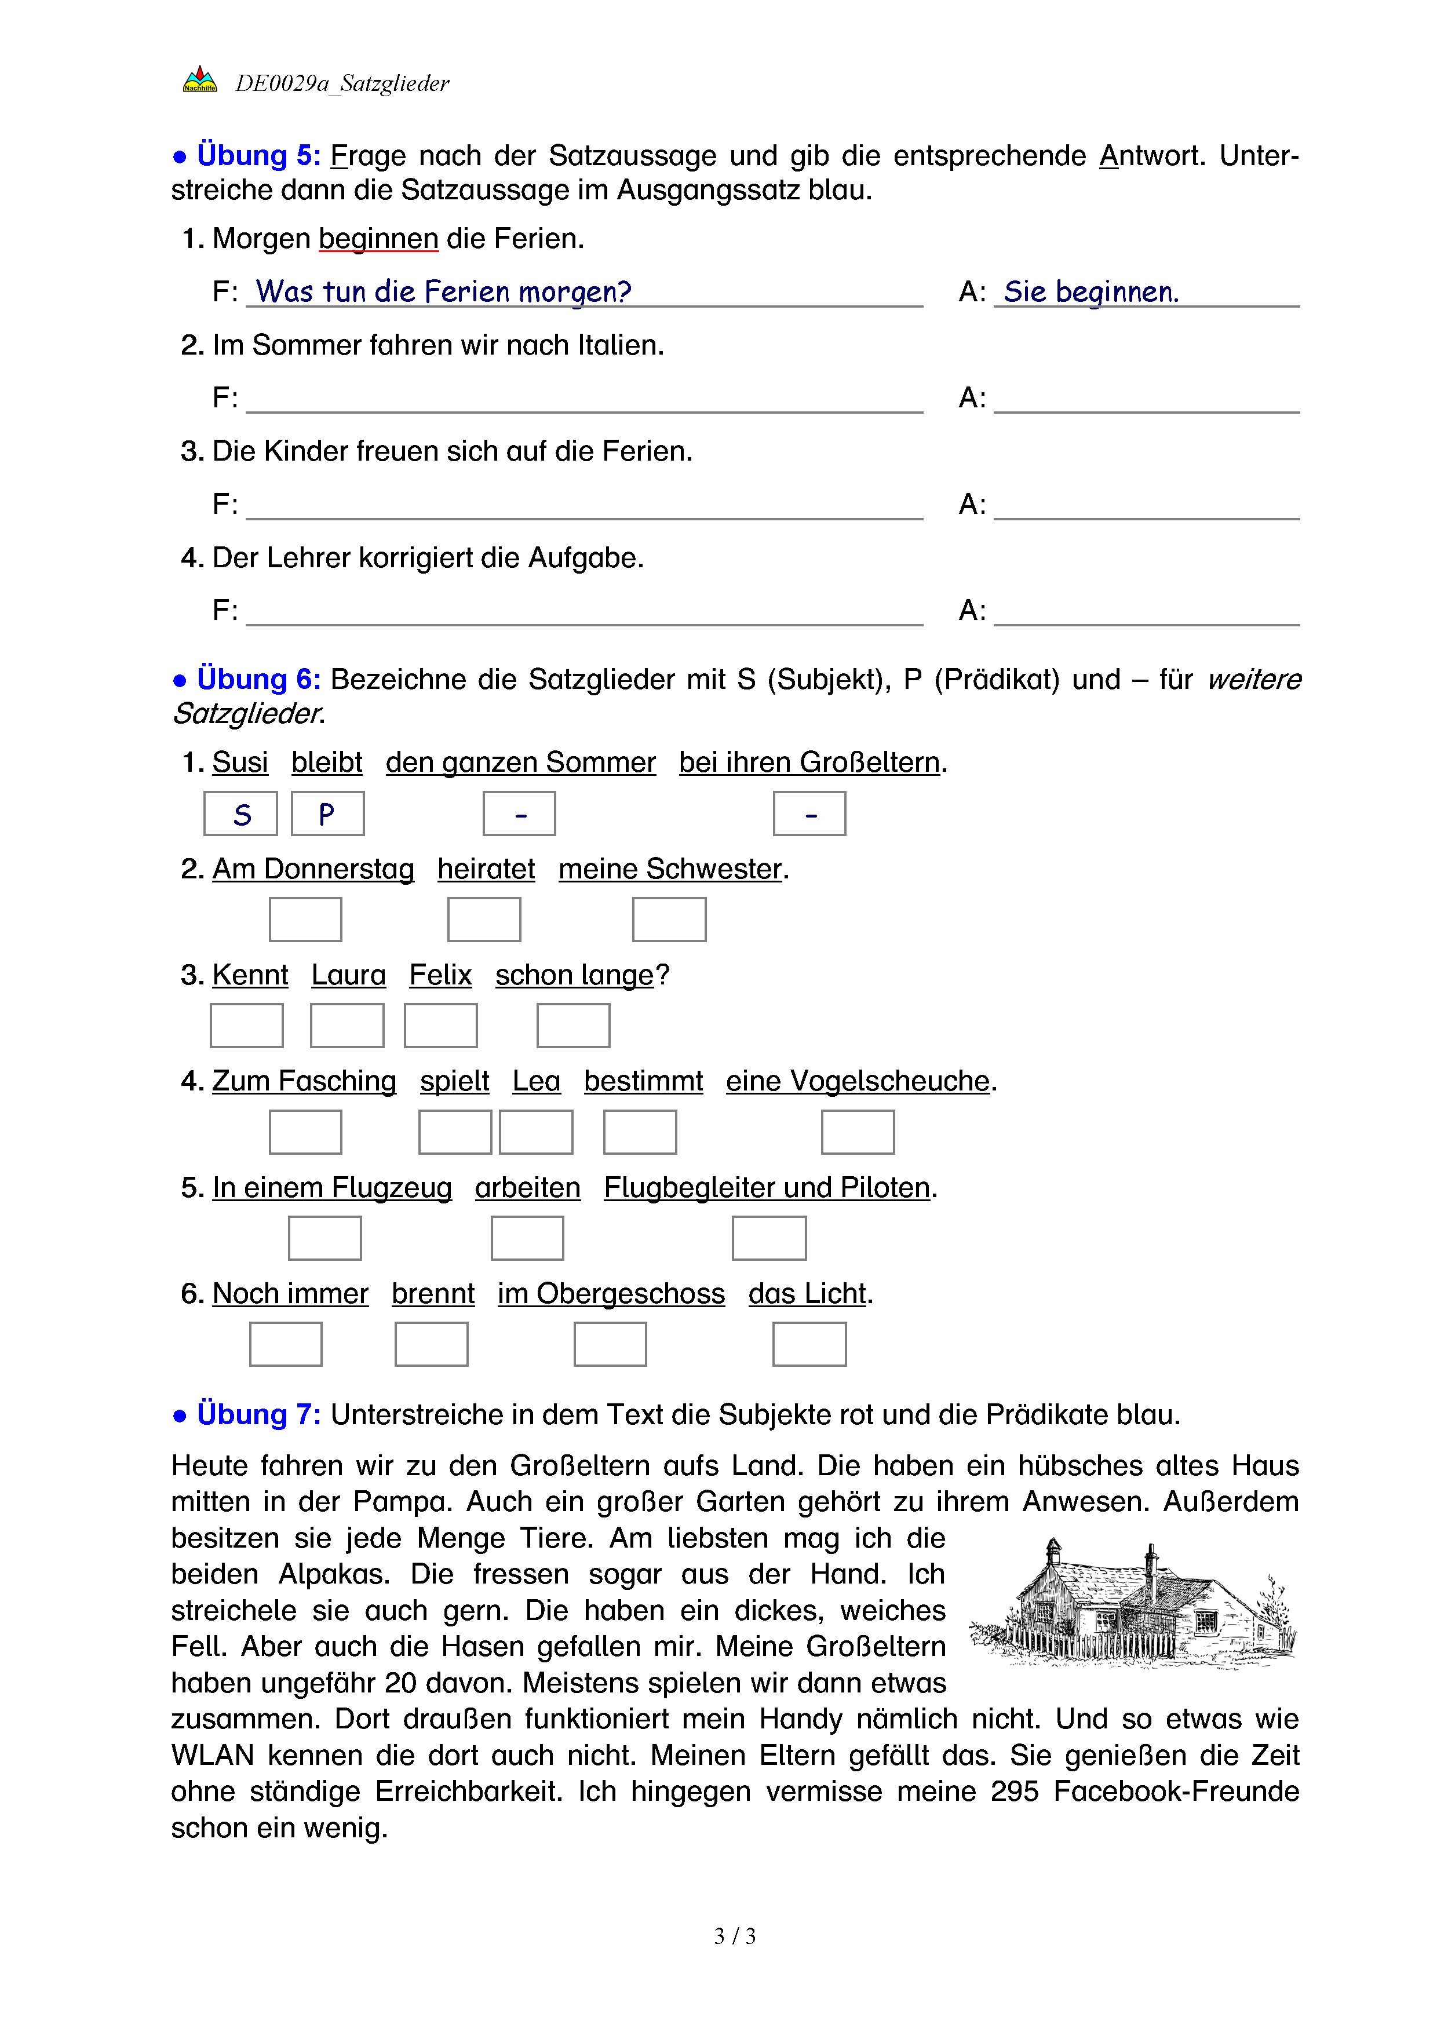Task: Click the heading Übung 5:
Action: (258, 156)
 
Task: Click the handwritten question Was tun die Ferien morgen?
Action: (443, 292)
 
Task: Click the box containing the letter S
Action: (240, 814)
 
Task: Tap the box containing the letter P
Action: (327, 814)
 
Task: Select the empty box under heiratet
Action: (484, 920)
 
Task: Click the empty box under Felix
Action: (440, 1026)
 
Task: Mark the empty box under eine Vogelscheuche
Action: (858, 1132)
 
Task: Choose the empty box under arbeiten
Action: (527, 1238)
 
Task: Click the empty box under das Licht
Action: (809, 1344)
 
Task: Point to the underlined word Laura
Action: (349, 975)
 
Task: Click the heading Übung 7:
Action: (258, 1414)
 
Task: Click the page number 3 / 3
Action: (734, 1936)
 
